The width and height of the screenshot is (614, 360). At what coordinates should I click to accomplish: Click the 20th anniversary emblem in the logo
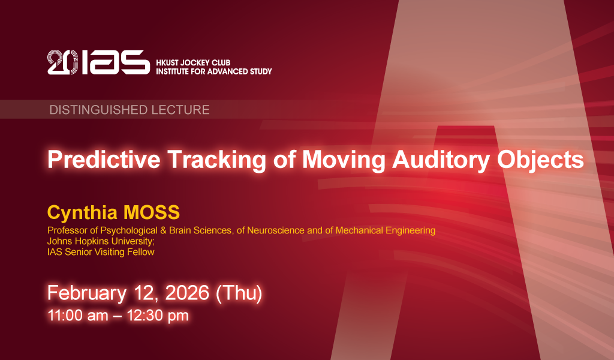[62, 62]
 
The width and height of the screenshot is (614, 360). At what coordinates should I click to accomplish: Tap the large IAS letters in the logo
[116, 62]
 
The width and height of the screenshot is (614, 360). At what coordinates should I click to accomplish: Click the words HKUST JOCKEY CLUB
[193, 62]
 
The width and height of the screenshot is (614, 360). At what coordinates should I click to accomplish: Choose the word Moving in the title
[344, 160]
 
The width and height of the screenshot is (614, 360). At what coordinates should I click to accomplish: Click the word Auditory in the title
[441, 160]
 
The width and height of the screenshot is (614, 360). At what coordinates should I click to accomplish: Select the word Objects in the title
[540, 160]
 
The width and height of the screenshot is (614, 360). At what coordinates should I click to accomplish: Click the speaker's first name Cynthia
[82, 213]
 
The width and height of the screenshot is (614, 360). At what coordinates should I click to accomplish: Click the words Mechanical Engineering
[386, 231]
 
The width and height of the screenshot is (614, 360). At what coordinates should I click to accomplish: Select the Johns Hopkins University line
[101, 241]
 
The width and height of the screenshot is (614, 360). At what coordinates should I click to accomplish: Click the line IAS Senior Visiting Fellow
[101, 252]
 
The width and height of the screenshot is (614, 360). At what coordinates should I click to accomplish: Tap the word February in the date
[87, 293]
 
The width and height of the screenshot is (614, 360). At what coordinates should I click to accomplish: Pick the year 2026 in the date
[187, 293]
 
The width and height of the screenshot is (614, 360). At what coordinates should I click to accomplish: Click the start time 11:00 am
[78, 316]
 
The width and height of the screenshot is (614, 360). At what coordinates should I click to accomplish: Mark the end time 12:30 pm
[158, 316]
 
